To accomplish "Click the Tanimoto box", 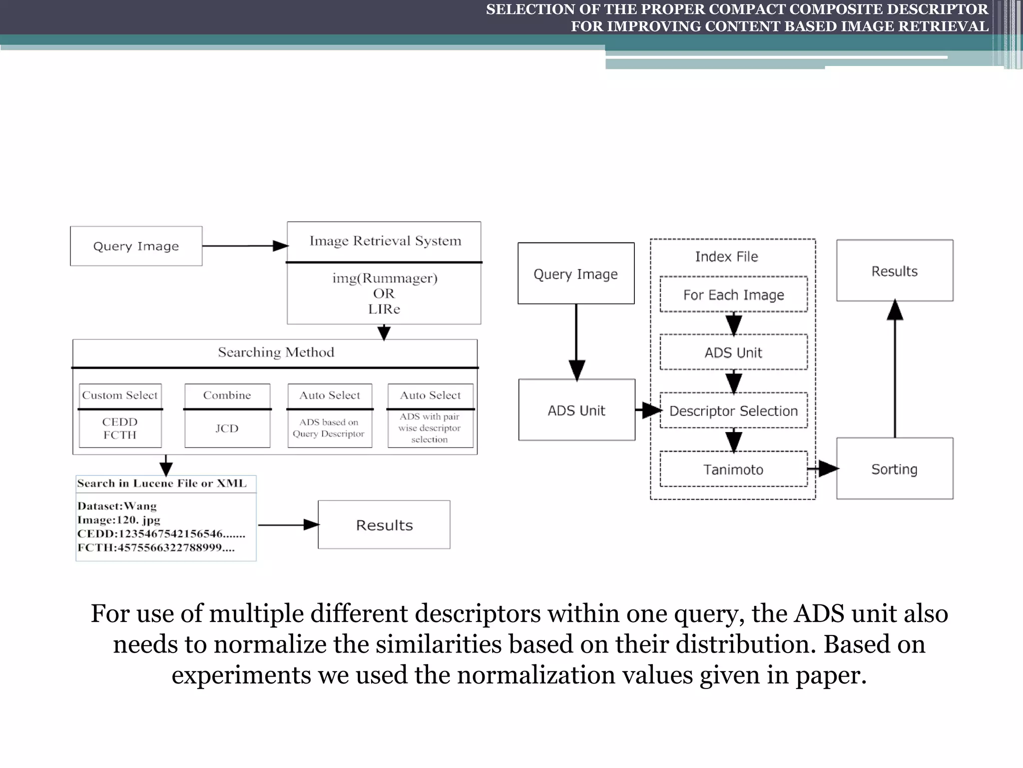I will [733, 469].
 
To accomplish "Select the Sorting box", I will [894, 469].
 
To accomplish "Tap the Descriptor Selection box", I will [733, 411].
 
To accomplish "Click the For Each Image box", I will [733, 295].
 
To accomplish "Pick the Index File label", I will [726, 256].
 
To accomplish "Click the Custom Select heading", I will [120, 395].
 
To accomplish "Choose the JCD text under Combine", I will [227, 428].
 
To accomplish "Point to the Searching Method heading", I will [276, 352].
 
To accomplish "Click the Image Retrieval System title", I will [385, 241].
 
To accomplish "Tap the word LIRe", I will [384, 309].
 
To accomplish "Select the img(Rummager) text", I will [385, 278].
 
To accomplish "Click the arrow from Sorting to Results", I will [895, 370].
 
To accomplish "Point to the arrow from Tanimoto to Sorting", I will [823, 468].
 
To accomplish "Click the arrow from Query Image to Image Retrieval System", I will [245, 246].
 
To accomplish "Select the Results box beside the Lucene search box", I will [384, 525].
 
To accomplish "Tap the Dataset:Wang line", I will [117, 506].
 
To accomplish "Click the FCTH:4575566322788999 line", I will [156, 547].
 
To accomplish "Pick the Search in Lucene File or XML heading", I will [162, 483].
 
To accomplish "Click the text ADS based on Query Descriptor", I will [329, 428].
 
